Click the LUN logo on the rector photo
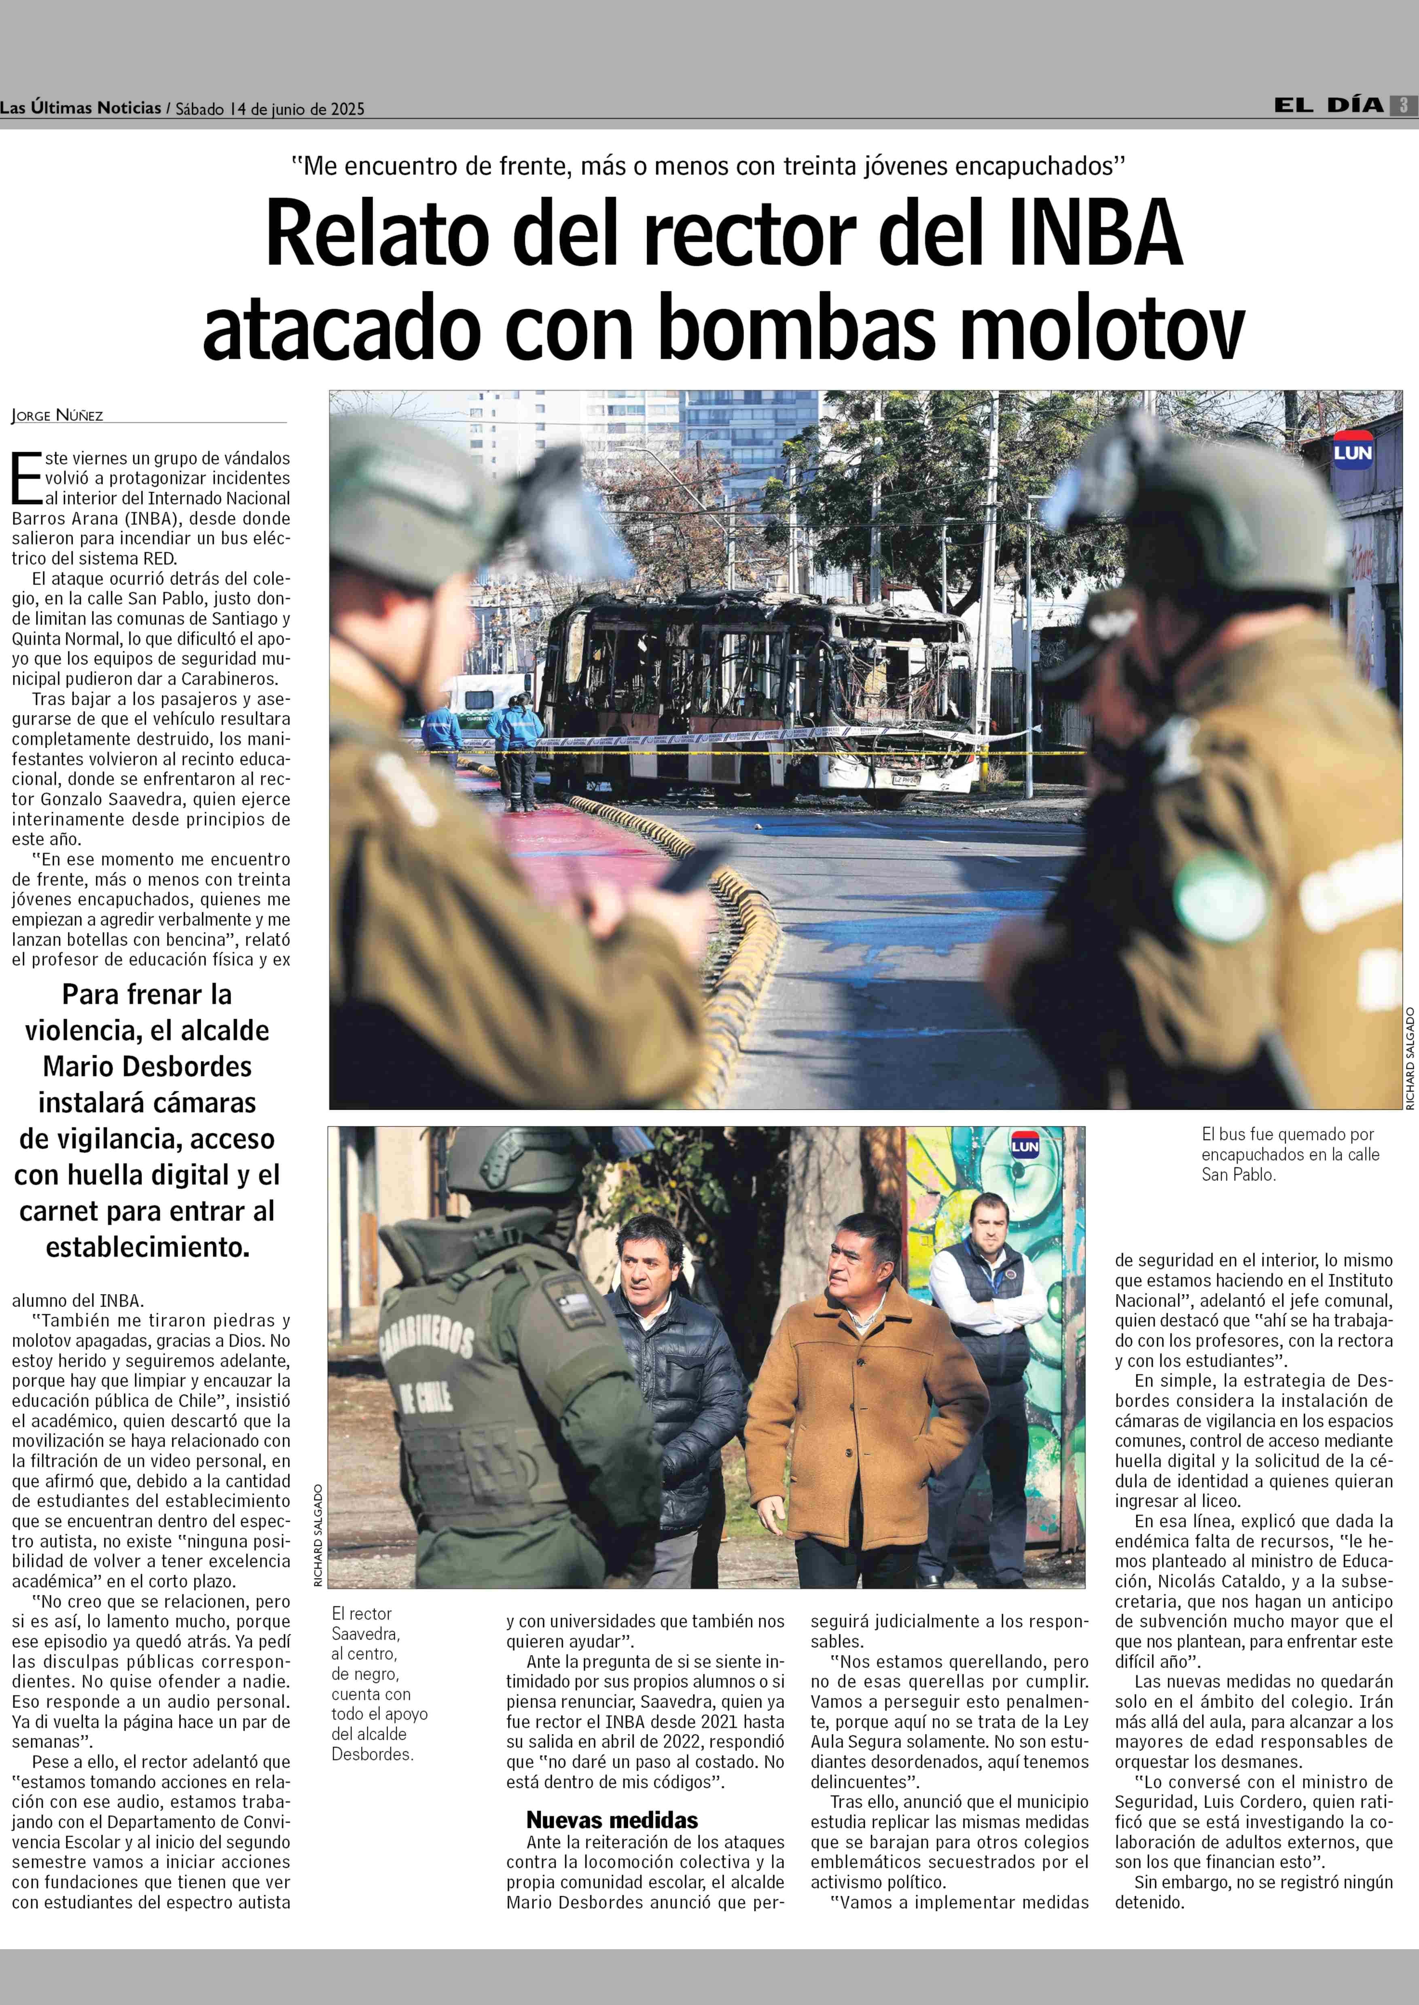[x=1025, y=1145]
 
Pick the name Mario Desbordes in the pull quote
[x=147, y=1067]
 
